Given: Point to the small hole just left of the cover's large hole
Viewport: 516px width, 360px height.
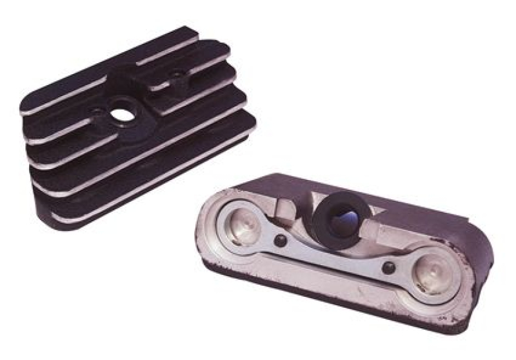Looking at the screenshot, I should click(97, 111).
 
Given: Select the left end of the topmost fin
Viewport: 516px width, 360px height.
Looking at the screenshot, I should click(26, 107).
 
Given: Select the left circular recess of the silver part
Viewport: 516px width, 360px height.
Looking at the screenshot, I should click(240, 226).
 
